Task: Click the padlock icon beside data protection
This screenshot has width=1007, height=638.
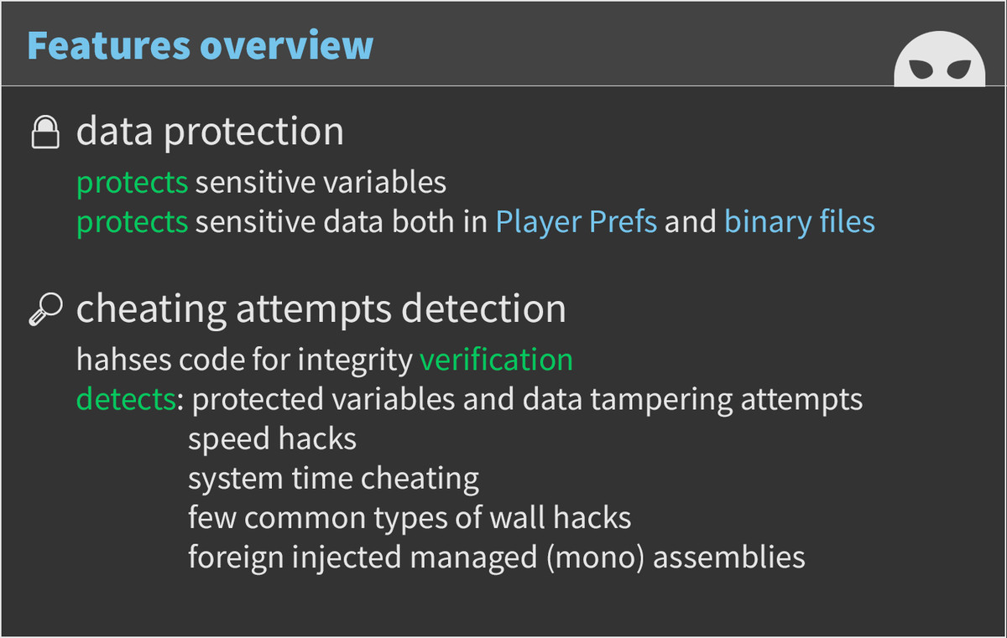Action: (x=45, y=132)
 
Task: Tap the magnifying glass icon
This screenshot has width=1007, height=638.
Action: (x=46, y=309)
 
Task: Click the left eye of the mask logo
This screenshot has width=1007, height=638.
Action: (x=921, y=70)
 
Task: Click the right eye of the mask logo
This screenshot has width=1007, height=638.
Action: (x=959, y=70)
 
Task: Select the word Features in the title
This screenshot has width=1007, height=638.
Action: (x=109, y=45)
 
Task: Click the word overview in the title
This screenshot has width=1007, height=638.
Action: (x=286, y=45)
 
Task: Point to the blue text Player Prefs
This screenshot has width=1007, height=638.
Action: (x=576, y=222)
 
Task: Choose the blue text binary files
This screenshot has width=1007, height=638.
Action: (x=800, y=221)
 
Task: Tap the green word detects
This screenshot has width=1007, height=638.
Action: (x=126, y=399)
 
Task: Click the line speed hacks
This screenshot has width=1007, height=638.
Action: (x=273, y=438)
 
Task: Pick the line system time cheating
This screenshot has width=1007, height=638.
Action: (x=334, y=478)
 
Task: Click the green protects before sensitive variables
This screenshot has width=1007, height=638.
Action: (x=133, y=183)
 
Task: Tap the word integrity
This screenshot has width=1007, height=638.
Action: (x=355, y=360)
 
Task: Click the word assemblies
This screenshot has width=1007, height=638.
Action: (x=728, y=558)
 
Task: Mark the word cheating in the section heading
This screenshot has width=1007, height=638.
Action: (x=151, y=310)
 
